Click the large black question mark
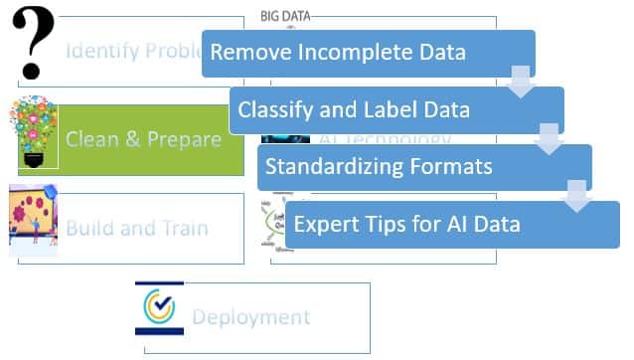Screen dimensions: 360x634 click(33, 44)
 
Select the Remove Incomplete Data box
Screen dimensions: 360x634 click(368, 53)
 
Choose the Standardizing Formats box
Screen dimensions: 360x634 click(423, 166)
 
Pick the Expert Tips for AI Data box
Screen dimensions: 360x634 click(452, 224)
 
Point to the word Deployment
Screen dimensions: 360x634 click(250, 318)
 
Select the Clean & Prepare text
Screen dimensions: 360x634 click(143, 139)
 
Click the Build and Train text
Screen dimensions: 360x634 click(137, 228)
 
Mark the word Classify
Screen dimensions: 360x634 click(270, 109)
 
